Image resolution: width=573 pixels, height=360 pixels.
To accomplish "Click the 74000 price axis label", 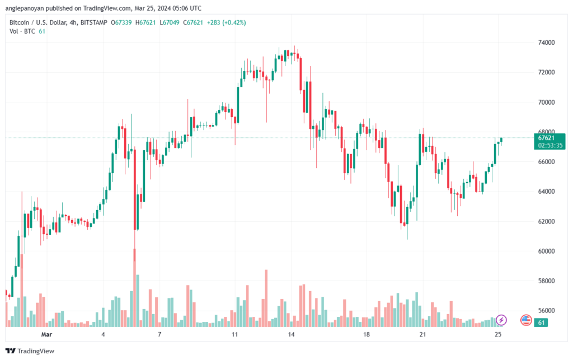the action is pos(546,43).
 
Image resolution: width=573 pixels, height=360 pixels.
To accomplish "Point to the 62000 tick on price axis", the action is pos(546,222).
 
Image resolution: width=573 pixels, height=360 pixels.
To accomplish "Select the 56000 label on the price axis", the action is pos(546,311).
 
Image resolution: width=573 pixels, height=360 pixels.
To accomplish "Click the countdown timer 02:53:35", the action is pos(550,146).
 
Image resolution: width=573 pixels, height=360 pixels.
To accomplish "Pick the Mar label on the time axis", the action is pos(46,334).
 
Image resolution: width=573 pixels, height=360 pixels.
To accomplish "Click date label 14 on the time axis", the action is pos(291,334).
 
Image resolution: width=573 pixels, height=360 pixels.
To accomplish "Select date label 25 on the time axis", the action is pos(497,334).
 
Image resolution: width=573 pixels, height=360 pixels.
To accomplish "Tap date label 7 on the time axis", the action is pos(159,334).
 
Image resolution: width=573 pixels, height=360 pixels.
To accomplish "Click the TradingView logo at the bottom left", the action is pos(30,351).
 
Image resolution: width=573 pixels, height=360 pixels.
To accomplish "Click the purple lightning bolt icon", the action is pos(501,320).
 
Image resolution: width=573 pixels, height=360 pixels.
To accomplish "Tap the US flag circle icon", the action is pos(526,320).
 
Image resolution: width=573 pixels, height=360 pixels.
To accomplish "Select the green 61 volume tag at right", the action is pos(541,322).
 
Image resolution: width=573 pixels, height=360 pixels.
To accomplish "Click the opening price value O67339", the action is pos(121,22).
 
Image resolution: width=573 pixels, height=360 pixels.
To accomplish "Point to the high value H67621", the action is pos(145,22).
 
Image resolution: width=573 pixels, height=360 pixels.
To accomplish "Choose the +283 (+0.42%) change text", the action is pos(227,22).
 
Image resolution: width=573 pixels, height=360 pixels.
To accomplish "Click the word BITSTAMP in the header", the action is pos(94,22).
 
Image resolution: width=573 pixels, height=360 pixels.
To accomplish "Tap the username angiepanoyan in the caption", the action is pos(25,8).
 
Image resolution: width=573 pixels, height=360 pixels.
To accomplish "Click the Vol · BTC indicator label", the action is pos(22,31).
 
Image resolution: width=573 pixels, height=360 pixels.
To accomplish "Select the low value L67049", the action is pos(170,22).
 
